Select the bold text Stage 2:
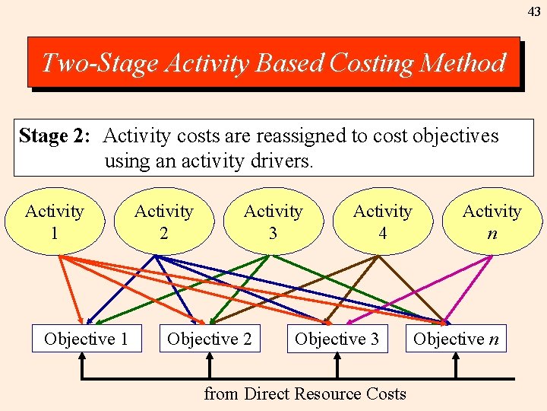point(55,136)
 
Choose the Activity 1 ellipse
point(55,221)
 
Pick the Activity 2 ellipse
point(164,221)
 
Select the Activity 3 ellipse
point(273,221)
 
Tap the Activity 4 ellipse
point(383,221)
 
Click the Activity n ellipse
point(492,221)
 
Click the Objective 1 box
point(86,339)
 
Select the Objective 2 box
point(209,339)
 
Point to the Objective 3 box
point(337,339)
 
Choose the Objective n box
point(456,339)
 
